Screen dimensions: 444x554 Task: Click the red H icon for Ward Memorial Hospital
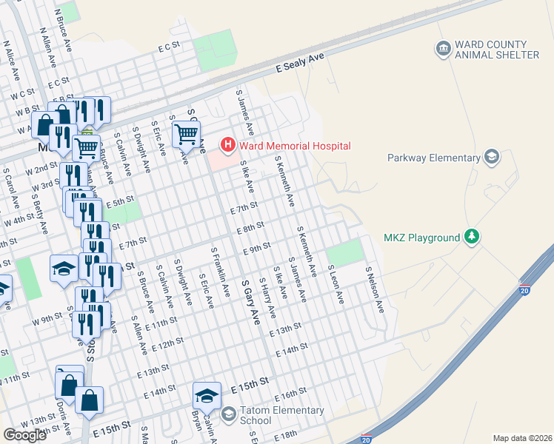click(x=229, y=146)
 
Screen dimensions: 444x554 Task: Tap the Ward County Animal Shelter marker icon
click(x=443, y=48)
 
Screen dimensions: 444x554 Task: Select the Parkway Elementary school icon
click(x=490, y=157)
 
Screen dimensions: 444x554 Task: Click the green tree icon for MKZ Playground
click(x=470, y=237)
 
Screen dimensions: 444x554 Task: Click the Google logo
click(x=25, y=435)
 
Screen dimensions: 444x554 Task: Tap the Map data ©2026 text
click(x=522, y=438)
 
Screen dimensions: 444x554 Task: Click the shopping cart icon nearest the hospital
click(x=185, y=135)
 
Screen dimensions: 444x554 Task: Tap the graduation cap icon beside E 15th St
click(x=207, y=396)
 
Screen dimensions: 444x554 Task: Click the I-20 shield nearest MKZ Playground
click(x=524, y=285)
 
